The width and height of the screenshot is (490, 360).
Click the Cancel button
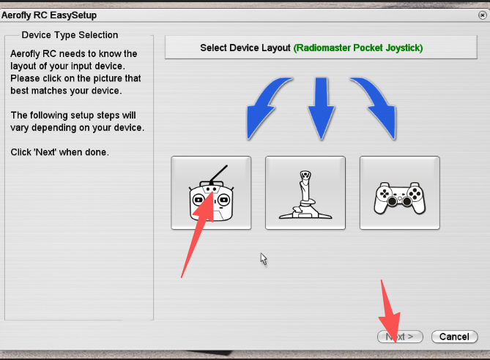coord(454,337)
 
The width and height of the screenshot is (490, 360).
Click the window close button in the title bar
coord(482,15)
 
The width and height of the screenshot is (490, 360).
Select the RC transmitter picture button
coord(211,193)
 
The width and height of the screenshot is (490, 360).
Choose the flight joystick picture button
coord(305,193)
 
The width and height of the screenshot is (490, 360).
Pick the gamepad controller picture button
coord(400,193)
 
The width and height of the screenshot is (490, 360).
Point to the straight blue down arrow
coord(322,108)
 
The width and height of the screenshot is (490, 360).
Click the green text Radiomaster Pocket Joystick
coord(358,48)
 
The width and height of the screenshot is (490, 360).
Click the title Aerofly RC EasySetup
coord(49,15)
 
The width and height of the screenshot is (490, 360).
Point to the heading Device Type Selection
coord(70,35)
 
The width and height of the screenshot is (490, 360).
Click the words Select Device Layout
coord(245,48)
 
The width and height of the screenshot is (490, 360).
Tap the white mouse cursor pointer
coord(264,259)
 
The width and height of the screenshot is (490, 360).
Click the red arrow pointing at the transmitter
coord(197,235)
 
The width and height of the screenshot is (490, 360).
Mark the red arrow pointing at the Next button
coord(389,311)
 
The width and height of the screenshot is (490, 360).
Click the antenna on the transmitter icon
coord(219,174)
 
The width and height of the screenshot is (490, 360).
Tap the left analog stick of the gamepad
coord(392,201)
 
